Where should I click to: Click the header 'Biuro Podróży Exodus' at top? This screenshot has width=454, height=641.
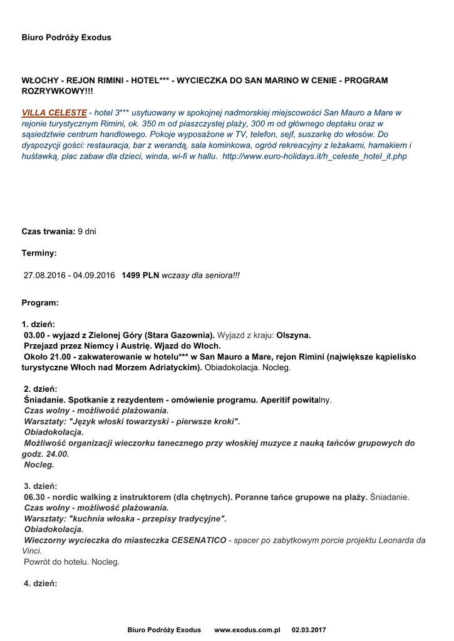click(x=66, y=38)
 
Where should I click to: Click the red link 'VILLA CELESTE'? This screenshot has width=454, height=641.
click(x=54, y=113)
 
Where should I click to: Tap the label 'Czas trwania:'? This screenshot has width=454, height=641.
click(x=48, y=232)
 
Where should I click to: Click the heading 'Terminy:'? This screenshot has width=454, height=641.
click(x=39, y=253)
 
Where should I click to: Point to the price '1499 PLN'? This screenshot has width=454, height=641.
click(x=140, y=275)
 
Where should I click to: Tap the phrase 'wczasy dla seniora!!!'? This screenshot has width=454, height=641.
click(x=200, y=275)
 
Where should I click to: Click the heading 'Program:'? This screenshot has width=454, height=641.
click(x=40, y=303)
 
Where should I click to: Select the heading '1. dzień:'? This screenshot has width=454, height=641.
click(x=39, y=324)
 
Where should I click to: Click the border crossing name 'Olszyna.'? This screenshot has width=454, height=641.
click(x=294, y=335)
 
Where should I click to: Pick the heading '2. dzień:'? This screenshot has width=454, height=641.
click(x=41, y=389)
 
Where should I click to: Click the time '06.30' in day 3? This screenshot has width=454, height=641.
click(x=34, y=497)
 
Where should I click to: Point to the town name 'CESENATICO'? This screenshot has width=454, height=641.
click(x=199, y=540)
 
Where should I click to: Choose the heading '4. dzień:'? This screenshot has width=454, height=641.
click(x=40, y=583)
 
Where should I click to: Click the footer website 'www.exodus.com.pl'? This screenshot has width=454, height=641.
click(x=247, y=630)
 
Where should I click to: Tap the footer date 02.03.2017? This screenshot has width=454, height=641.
click(x=309, y=630)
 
